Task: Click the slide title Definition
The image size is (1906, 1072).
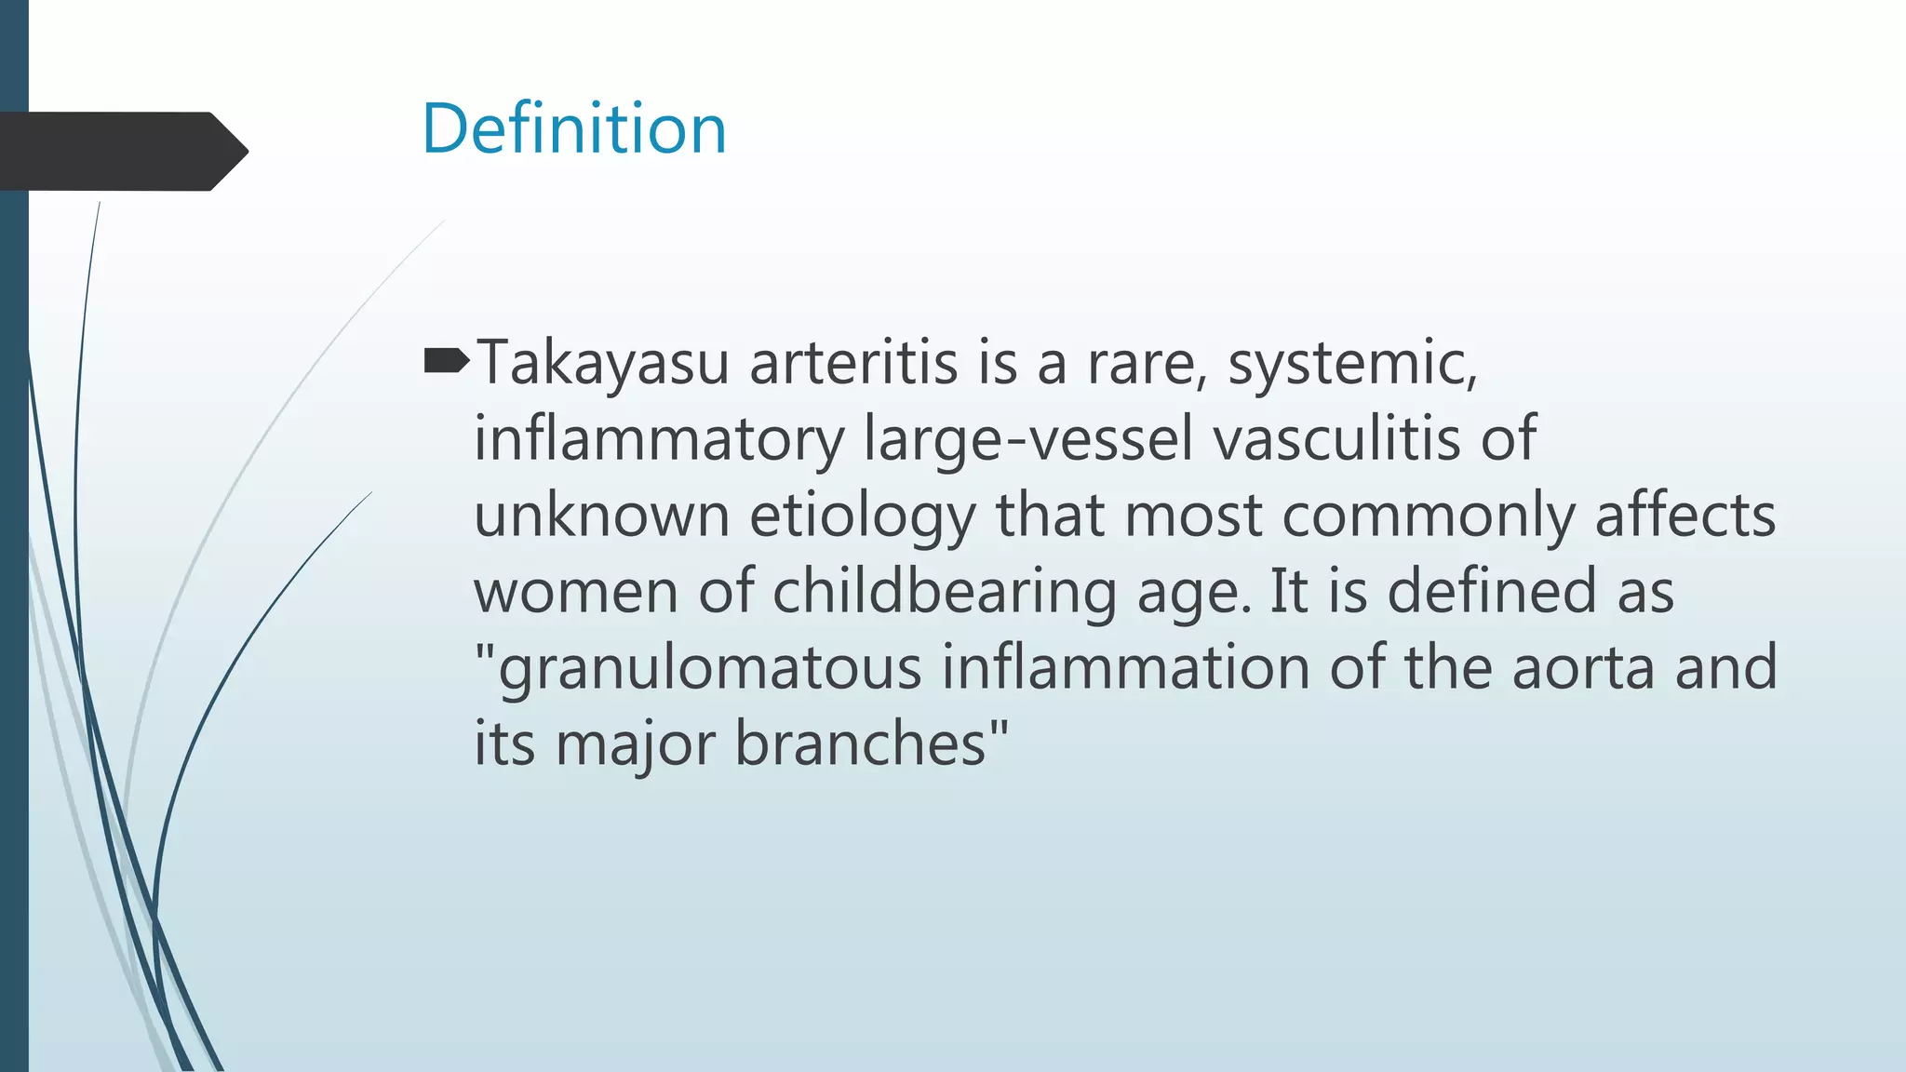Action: [573, 128]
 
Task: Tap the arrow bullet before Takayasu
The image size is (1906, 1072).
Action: [447, 361]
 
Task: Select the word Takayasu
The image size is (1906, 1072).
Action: [602, 363]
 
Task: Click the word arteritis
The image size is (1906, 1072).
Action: [853, 363]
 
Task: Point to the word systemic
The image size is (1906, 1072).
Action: [1352, 363]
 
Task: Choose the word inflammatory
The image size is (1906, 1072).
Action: [659, 439]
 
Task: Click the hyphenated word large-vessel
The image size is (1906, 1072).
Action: [1028, 439]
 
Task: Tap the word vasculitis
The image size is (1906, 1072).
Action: [1336, 439]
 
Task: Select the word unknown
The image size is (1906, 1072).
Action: [601, 516]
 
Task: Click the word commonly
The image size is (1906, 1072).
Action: [1429, 517]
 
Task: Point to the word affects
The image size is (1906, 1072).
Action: [1685, 516]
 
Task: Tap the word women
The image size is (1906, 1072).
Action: [576, 592]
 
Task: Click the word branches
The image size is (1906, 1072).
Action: [861, 744]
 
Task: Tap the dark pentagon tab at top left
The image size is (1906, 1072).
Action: [121, 151]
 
